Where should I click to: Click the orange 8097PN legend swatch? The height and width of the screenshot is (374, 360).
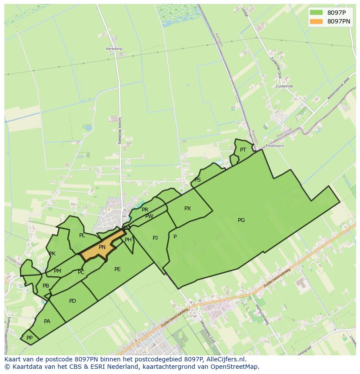(316, 21)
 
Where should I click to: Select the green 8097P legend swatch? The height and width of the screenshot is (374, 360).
(316, 13)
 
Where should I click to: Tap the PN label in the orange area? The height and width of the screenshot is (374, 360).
(102, 247)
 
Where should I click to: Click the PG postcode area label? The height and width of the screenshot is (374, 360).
(241, 220)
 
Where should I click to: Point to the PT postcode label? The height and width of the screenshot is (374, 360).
(243, 150)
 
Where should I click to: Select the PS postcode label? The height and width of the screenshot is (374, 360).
(197, 180)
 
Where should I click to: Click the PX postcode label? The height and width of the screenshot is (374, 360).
(187, 209)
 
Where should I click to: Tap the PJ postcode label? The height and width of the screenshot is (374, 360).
(155, 238)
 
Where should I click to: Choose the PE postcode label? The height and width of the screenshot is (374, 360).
(117, 269)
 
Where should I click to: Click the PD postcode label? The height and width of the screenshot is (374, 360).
(73, 301)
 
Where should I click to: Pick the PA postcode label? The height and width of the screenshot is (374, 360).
(47, 321)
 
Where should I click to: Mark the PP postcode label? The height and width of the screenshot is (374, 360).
(30, 338)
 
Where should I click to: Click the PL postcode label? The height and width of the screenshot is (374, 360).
(82, 235)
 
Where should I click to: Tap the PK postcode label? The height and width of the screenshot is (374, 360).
(52, 254)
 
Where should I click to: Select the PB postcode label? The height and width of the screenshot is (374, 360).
(46, 286)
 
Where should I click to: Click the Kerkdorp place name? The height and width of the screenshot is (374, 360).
(113, 49)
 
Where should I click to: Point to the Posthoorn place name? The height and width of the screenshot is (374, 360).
(275, 146)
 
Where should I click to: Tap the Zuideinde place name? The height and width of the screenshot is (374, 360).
(284, 86)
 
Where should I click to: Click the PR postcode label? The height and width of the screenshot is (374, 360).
(145, 210)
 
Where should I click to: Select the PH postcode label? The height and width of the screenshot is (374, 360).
(128, 240)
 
